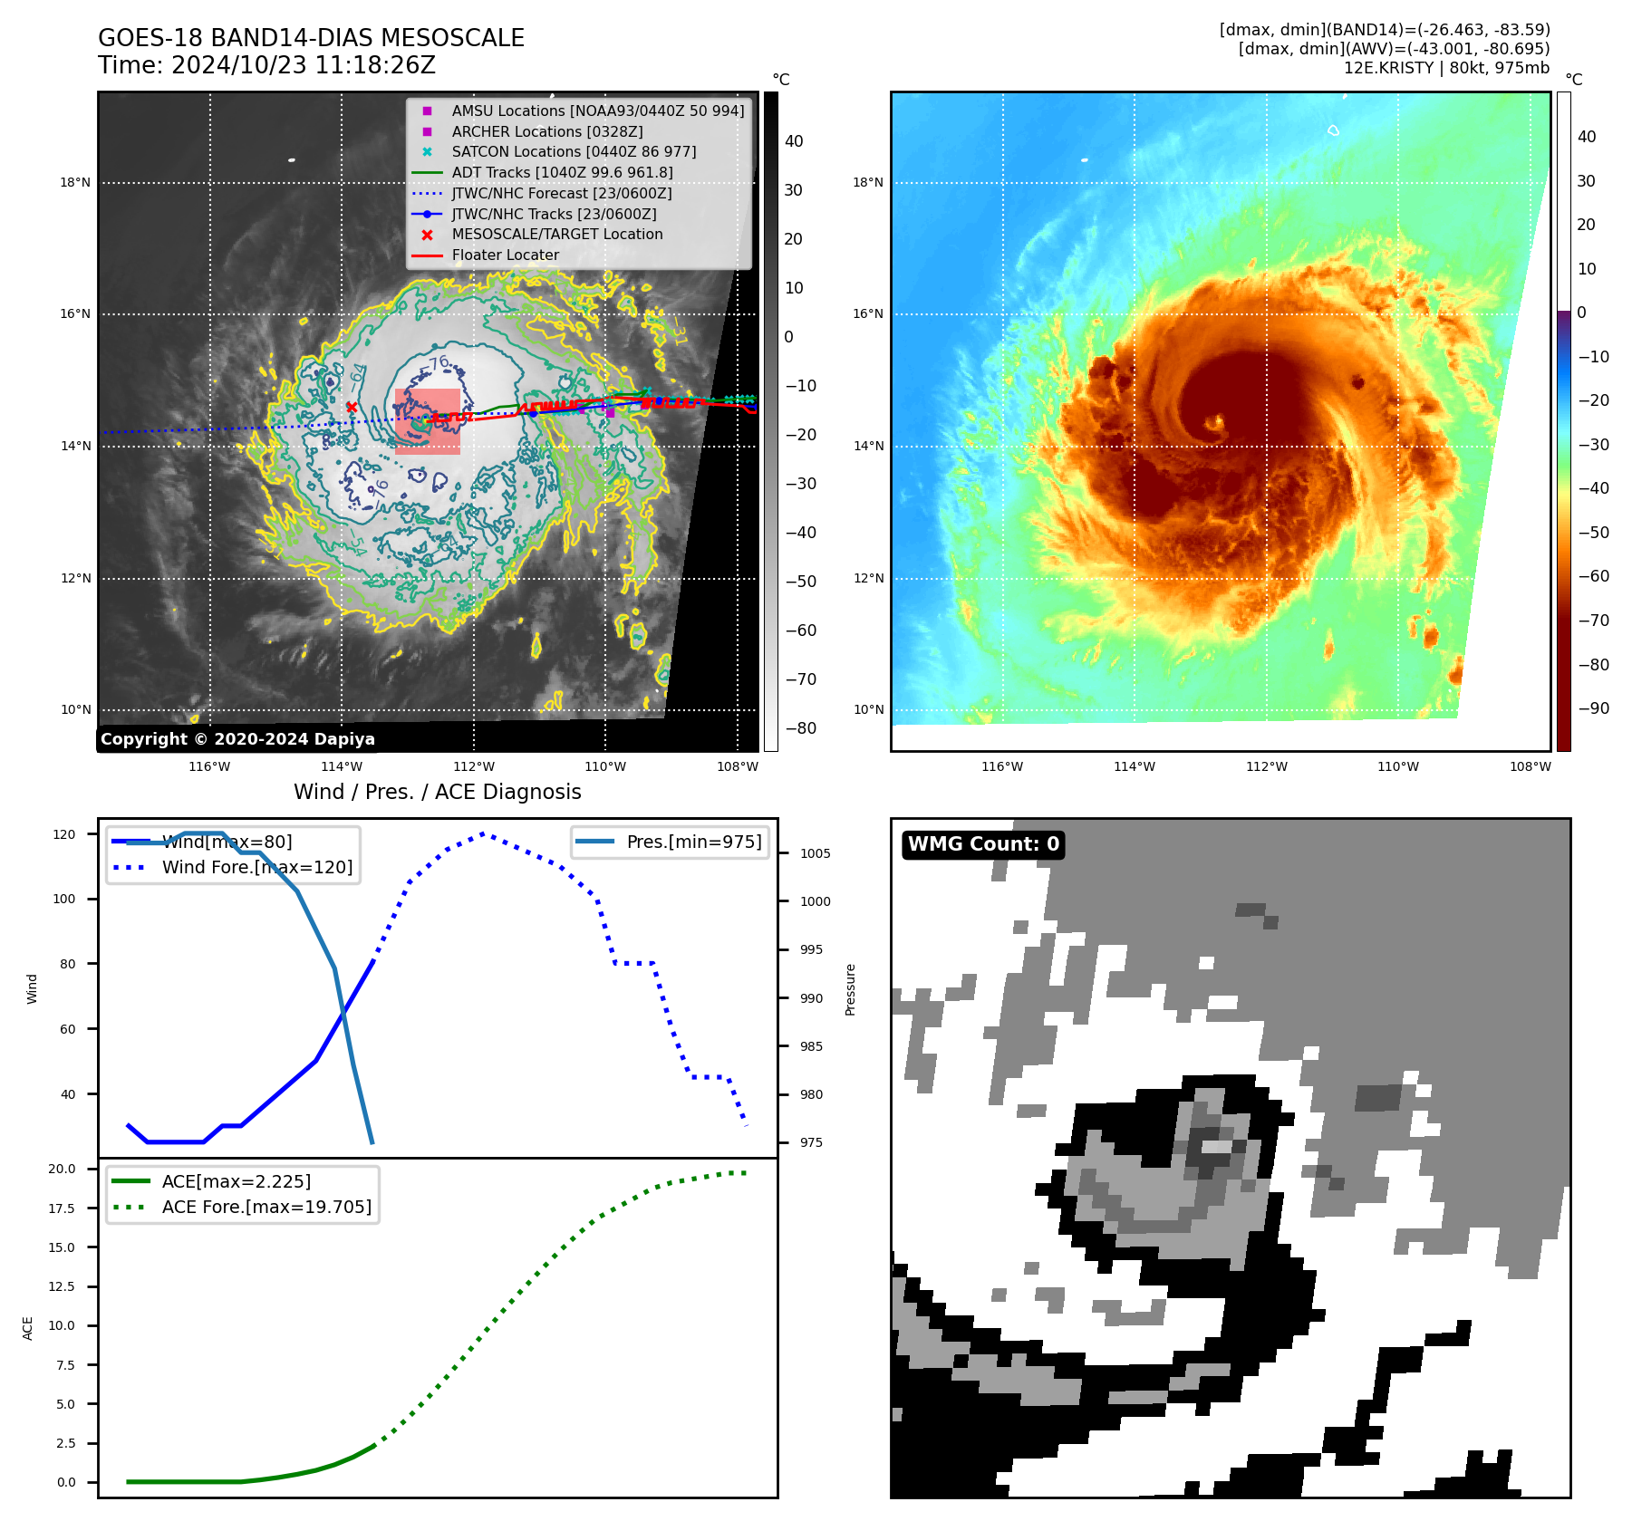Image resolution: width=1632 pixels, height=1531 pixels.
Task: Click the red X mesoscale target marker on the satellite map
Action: point(352,407)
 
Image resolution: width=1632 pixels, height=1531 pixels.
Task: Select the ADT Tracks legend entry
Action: point(562,172)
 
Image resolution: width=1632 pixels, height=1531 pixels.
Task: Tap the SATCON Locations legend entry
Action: point(574,151)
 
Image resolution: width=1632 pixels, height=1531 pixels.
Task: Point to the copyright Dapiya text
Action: point(237,739)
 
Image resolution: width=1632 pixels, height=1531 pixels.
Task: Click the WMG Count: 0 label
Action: point(983,844)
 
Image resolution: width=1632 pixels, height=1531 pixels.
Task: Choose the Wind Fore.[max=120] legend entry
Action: point(256,867)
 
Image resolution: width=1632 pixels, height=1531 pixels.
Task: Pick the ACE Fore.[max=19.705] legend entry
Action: point(266,1207)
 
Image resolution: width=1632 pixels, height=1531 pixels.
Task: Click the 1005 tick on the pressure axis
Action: point(815,853)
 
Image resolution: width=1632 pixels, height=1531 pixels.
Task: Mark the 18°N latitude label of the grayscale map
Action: point(75,183)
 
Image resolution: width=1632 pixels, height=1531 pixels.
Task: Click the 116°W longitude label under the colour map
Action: point(1002,766)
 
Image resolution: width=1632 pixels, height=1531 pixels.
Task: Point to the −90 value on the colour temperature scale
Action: point(1593,708)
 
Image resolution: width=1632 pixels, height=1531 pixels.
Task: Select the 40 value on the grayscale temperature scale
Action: point(794,141)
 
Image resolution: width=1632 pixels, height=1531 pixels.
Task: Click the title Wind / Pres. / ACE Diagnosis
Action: point(437,792)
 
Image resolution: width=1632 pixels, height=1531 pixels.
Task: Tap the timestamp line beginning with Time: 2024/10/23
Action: point(266,65)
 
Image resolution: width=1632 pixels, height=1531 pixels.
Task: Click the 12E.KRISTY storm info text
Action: point(1446,68)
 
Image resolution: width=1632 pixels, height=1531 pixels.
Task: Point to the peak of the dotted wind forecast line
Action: point(482,833)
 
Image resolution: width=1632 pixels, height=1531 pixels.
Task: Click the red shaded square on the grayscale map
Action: point(428,422)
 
